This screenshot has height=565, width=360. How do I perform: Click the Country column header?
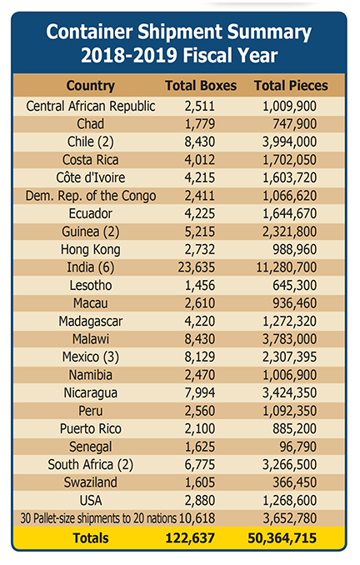tap(91, 86)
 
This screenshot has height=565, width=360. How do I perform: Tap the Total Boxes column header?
tap(201, 86)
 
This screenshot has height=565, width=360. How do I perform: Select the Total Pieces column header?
tap(291, 86)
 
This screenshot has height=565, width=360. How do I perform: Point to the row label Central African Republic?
tap(91, 106)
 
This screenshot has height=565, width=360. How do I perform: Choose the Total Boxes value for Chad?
tap(200, 124)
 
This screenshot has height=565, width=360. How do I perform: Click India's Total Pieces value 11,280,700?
tap(287, 267)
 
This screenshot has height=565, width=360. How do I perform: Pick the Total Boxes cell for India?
tap(197, 267)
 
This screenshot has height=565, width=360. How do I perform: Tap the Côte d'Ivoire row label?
tap(91, 177)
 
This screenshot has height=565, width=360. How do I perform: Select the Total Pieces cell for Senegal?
tap(298, 447)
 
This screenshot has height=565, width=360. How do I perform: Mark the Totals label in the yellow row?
tap(91, 538)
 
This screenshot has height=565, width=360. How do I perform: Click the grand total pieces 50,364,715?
tap(282, 538)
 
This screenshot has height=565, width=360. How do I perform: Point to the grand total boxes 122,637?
tap(190, 538)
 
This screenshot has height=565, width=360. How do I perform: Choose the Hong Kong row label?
tap(91, 249)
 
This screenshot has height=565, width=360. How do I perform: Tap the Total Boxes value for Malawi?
tap(200, 339)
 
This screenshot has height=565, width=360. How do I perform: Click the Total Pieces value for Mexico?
tap(289, 357)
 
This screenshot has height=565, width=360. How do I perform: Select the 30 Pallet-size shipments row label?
tap(98, 518)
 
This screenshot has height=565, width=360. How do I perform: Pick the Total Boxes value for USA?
tap(200, 501)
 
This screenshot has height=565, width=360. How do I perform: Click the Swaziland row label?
tap(91, 482)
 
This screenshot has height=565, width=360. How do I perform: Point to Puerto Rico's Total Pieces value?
tap(294, 429)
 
